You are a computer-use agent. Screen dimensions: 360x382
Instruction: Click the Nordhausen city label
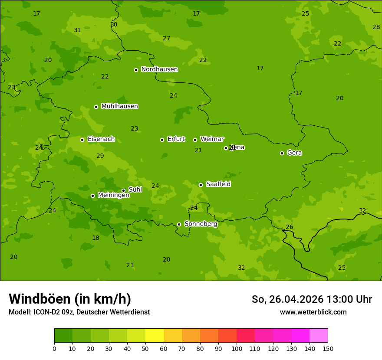(x=159, y=69)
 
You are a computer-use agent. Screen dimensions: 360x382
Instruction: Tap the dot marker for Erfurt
(x=162, y=140)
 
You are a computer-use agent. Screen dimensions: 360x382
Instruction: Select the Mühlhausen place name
(x=119, y=106)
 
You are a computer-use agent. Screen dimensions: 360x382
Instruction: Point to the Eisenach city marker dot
(x=82, y=140)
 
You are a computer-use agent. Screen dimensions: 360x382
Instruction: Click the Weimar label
(x=212, y=139)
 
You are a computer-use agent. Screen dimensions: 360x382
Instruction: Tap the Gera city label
(x=294, y=153)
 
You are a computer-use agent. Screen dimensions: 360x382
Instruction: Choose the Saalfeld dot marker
(x=201, y=185)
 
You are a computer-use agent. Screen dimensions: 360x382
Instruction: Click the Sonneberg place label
(x=201, y=224)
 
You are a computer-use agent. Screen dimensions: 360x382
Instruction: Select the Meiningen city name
(x=113, y=195)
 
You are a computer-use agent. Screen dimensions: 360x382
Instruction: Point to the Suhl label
(x=135, y=190)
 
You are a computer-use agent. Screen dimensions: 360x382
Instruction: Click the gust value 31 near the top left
(x=77, y=30)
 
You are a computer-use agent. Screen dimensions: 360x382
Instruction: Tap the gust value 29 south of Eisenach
(x=100, y=156)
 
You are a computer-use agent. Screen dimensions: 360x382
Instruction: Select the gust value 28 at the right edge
(x=376, y=27)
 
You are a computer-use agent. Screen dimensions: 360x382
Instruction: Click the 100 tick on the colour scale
(x=237, y=348)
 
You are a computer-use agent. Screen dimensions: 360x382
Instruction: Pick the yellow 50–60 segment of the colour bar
(x=155, y=336)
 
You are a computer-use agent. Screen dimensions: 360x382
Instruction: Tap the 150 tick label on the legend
(x=328, y=348)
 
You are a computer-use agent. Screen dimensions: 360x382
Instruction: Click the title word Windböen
(x=40, y=299)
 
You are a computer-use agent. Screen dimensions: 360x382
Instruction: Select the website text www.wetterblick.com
(x=313, y=312)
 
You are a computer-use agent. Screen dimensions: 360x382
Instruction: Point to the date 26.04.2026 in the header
(x=296, y=299)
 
